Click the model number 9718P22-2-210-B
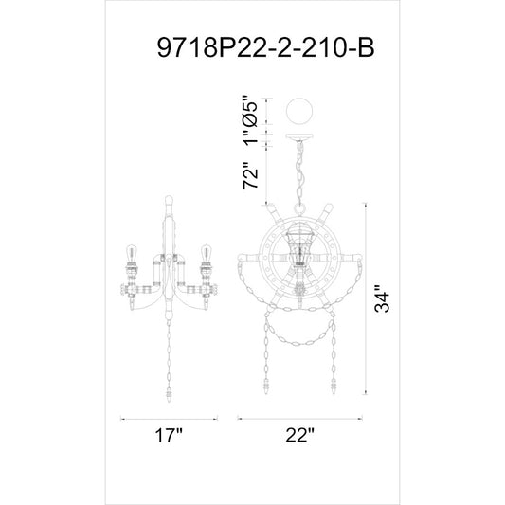(265, 47)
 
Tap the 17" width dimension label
(169, 436)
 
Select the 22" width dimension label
(299, 436)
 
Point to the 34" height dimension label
(382, 298)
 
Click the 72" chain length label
(250, 175)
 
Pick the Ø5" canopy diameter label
(250, 111)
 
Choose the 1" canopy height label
(250, 136)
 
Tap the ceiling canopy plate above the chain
(299, 137)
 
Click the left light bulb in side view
(131, 254)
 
